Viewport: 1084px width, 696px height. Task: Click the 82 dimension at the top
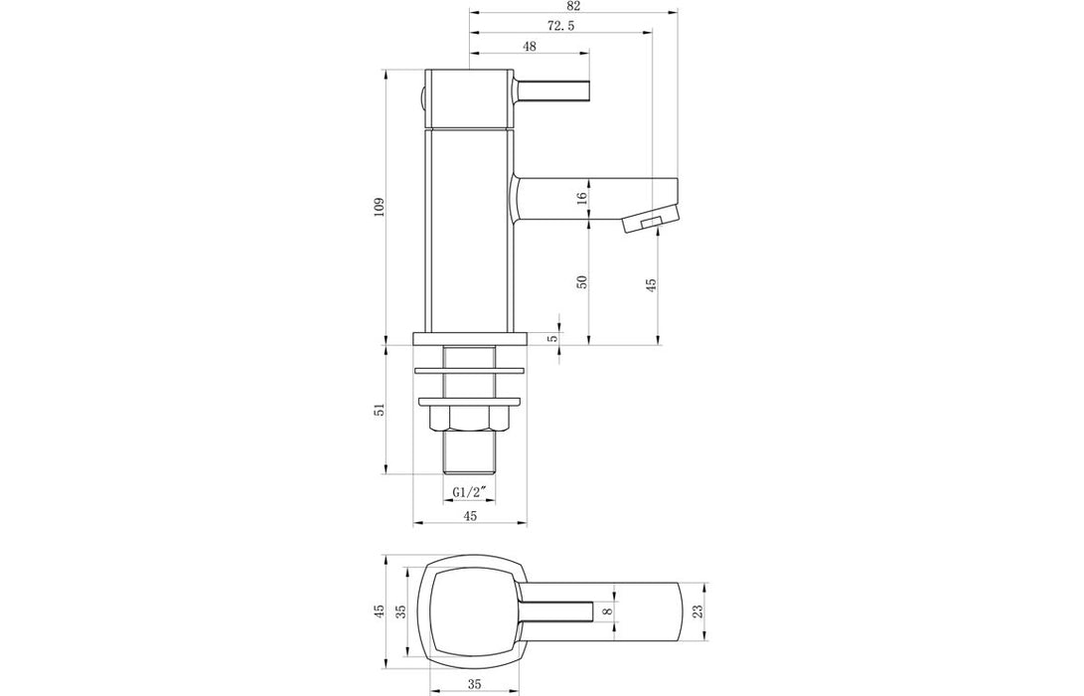pyautogui.click(x=571, y=6)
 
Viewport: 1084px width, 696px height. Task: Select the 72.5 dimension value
pyautogui.click(x=560, y=25)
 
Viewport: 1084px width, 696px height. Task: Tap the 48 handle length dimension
pyautogui.click(x=529, y=47)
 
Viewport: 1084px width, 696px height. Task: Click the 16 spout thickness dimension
pyautogui.click(x=583, y=198)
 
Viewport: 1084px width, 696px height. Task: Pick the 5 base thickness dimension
pyautogui.click(x=553, y=338)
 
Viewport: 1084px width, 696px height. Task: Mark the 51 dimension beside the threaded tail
pyautogui.click(x=379, y=410)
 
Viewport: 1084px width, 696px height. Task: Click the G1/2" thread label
pyautogui.click(x=470, y=492)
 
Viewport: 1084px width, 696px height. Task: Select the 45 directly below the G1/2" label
pyautogui.click(x=470, y=515)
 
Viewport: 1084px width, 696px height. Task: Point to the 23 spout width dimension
pyautogui.click(x=697, y=610)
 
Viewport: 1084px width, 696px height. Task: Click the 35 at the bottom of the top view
pyautogui.click(x=473, y=683)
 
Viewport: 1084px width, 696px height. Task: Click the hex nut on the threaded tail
pyautogui.click(x=470, y=420)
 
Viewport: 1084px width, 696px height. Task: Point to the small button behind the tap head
pyautogui.click(x=421, y=97)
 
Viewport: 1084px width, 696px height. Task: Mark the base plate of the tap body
pyautogui.click(x=470, y=338)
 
